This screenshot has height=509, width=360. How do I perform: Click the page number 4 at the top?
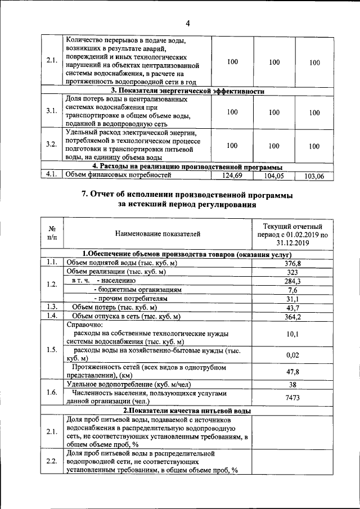click(x=188, y=23)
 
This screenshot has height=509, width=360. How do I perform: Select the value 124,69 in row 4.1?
click(x=232, y=176)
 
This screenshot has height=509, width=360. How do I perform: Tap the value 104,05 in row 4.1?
click(x=274, y=176)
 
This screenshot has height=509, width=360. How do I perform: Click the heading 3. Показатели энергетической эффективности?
click(x=187, y=91)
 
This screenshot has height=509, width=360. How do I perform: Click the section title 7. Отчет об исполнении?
click(x=187, y=195)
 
